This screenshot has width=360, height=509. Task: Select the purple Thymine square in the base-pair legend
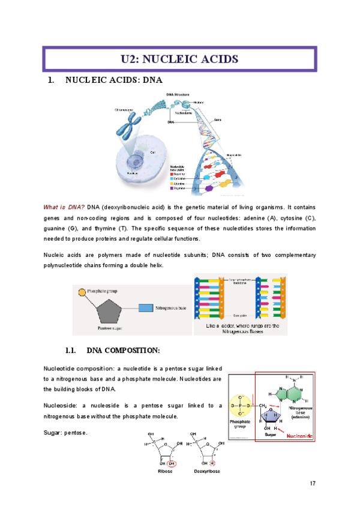172,188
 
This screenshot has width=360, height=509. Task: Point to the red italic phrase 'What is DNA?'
64,207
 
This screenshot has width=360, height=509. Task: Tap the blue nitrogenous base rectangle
145,309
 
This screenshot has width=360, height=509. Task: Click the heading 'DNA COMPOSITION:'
123,350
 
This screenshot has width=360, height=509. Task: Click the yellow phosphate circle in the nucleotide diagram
241,408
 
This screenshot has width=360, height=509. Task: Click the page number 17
313,484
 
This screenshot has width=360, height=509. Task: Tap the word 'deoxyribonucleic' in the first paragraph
130,207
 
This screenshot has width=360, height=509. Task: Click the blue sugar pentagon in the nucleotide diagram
273,414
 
